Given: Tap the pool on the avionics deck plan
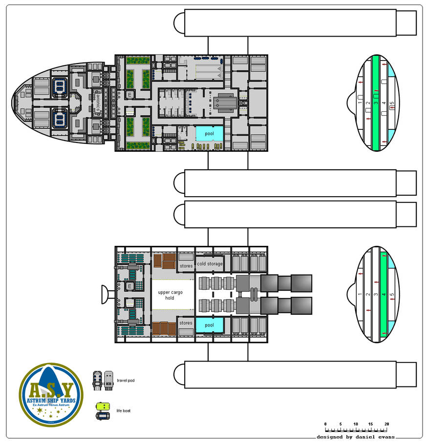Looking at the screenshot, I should coord(210,134).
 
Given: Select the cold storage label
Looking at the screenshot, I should coord(210,264).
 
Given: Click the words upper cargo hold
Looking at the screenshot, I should coord(166,295).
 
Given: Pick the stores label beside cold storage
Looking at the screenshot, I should coord(186,266).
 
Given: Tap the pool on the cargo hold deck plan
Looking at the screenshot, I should coord(210,325).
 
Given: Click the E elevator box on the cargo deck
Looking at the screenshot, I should coord(130,286).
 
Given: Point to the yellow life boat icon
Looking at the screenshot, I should coord(103,406).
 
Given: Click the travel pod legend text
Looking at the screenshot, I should coord(126,381).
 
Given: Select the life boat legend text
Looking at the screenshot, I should coord(123,411).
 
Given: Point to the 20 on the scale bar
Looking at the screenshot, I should coord(386,424).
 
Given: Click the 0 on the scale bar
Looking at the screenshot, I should coord(325,424).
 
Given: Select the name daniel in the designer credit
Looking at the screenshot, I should coord(359,437).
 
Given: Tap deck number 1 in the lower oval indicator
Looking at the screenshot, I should coord(360,295).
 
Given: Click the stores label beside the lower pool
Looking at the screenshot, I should coord(186,323).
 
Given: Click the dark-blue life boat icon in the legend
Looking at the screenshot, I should coord(103,416).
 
